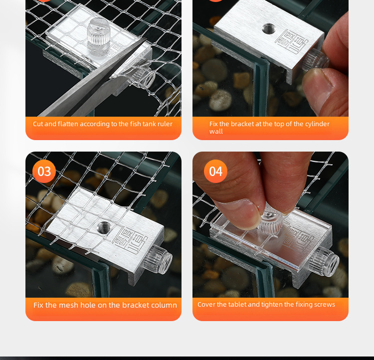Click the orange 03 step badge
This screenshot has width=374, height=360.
pyautogui.click(x=44, y=172)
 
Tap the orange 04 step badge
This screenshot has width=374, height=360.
pyautogui.click(x=215, y=172)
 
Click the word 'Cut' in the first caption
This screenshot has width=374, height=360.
pyautogui.click(x=38, y=124)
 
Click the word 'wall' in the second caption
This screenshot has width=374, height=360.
pyautogui.click(x=216, y=132)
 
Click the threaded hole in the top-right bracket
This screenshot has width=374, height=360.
pyautogui.click(x=269, y=28)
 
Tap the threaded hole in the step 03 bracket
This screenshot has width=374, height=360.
pyautogui.click(x=104, y=227)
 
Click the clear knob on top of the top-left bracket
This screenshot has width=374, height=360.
pyautogui.click(x=99, y=32)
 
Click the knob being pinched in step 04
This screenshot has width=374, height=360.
pyautogui.click(x=271, y=221)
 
